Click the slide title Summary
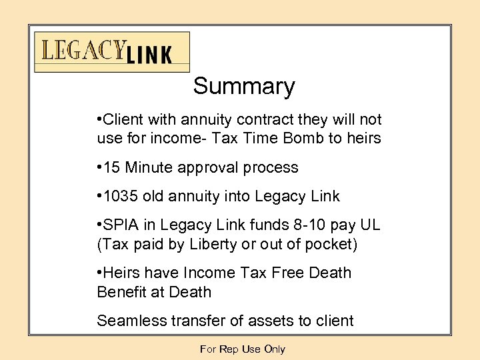pyautogui.click(x=243, y=87)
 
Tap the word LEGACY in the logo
pyautogui.click(x=83, y=51)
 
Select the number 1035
pyautogui.click(x=120, y=197)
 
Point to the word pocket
pyautogui.click(x=333, y=245)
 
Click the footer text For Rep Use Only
pyautogui.click(x=242, y=349)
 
